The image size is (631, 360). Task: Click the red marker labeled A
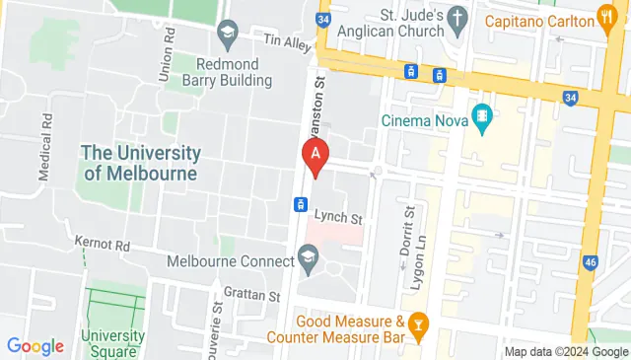click(x=315, y=156)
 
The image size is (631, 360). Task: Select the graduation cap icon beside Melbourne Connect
click(x=308, y=260)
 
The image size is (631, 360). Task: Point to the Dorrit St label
click(x=405, y=233)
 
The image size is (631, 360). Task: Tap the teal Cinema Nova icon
click(x=482, y=116)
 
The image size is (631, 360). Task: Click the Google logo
click(x=35, y=346)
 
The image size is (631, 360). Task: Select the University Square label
click(x=113, y=342)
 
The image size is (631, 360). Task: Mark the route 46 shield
click(x=591, y=263)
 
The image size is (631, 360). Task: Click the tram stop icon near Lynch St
click(x=297, y=204)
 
